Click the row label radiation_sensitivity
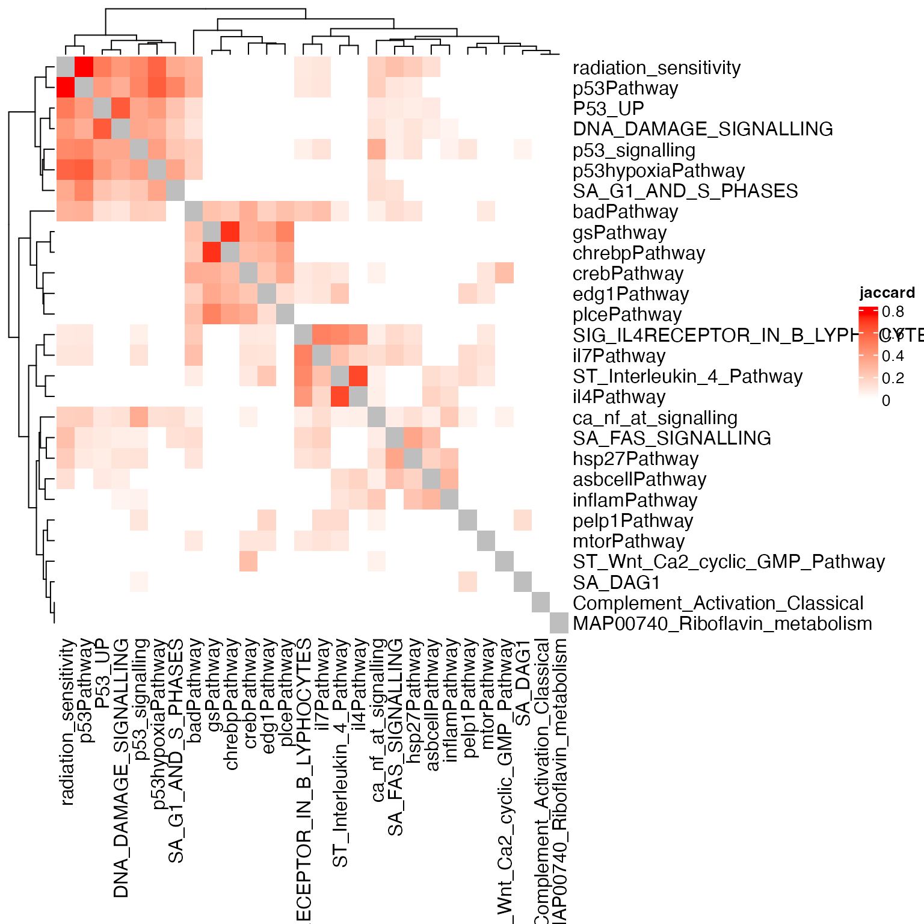tap(656, 68)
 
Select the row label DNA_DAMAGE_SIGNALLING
tap(703, 129)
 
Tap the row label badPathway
tap(625, 212)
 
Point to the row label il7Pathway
tap(619, 356)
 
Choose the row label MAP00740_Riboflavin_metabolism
tap(722, 624)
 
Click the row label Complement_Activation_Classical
tap(718, 603)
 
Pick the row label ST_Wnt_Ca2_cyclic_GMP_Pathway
tap(728, 562)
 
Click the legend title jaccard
tap(887, 293)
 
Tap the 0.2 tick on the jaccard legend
tap(893, 378)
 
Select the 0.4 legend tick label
tap(893, 356)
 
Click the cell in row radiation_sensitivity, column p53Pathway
tap(84, 66)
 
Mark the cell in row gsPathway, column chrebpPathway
tap(230, 231)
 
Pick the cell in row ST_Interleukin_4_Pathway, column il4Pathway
tap(359, 376)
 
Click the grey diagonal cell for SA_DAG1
tap(523, 582)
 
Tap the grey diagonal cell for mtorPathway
tap(486, 541)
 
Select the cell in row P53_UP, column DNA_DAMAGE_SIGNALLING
tap(120, 108)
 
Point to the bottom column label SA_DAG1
tap(523, 683)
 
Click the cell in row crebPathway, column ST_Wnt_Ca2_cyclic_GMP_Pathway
tap(505, 273)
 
